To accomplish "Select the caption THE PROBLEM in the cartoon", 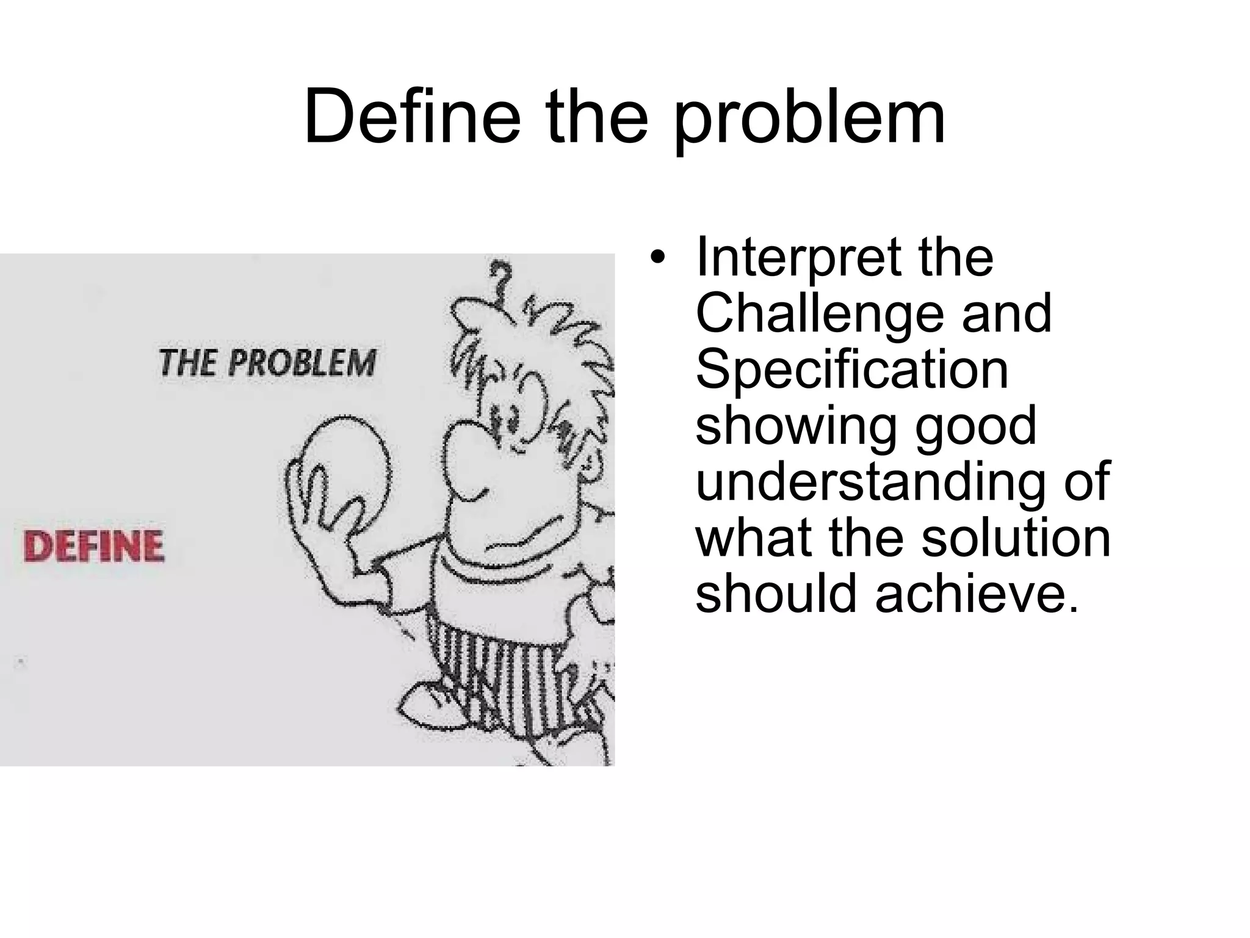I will [267, 363].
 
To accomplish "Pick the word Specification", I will [852, 369].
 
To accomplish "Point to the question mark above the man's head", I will [502, 278].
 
